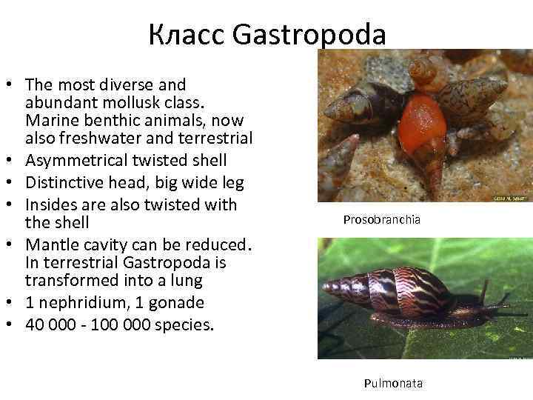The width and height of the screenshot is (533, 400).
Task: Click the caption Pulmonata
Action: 393,383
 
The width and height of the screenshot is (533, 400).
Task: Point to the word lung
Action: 208,280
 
